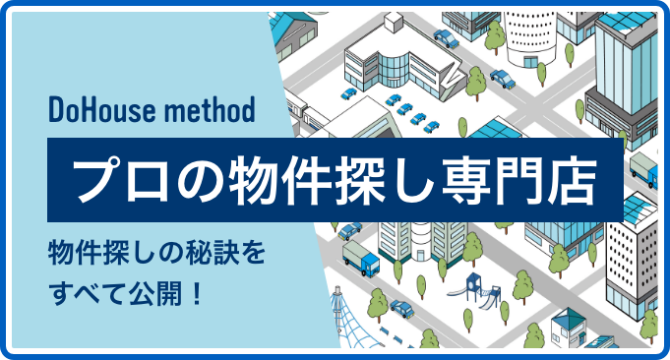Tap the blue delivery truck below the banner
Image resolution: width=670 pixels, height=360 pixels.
point(361,261)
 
